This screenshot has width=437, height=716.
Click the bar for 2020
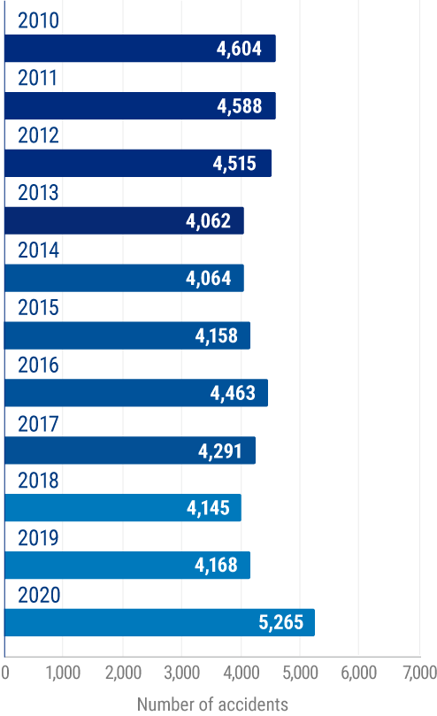pyautogui.click(x=159, y=623)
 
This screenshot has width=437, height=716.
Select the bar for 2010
pyautogui.click(x=140, y=49)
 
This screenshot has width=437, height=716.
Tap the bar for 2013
pyautogui.click(x=124, y=220)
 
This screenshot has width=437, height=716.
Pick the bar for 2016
pyautogui.click(x=135, y=393)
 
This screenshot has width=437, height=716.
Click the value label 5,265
pyautogui.click(x=280, y=623)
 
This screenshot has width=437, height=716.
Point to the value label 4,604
pyautogui.click(x=239, y=49)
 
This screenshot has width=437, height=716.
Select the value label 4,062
pyautogui.click(x=209, y=220)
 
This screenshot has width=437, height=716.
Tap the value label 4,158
pyautogui.click(x=216, y=335)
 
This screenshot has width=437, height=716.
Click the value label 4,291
pyautogui.click(x=221, y=450)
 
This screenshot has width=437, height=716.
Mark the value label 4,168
pyautogui.click(x=216, y=566)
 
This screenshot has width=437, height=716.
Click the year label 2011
pyautogui.click(x=37, y=78)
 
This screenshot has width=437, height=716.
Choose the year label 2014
pyautogui.click(x=37, y=250)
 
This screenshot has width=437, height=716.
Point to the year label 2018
pyautogui.click(x=37, y=481)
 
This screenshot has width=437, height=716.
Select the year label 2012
pyautogui.click(x=37, y=135)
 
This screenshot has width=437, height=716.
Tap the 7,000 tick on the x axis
pyautogui.click(x=418, y=673)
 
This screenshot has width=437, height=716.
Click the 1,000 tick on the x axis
pyautogui.click(x=63, y=673)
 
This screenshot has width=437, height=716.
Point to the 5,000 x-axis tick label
pyautogui.click(x=299, y=673)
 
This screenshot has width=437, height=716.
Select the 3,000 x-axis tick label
pyautogui.click(x=181, y=673)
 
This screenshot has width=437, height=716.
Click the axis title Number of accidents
pyautogui.click(x=212, y=704)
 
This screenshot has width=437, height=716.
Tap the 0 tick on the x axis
pyautogui.click(x=5, y=673)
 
